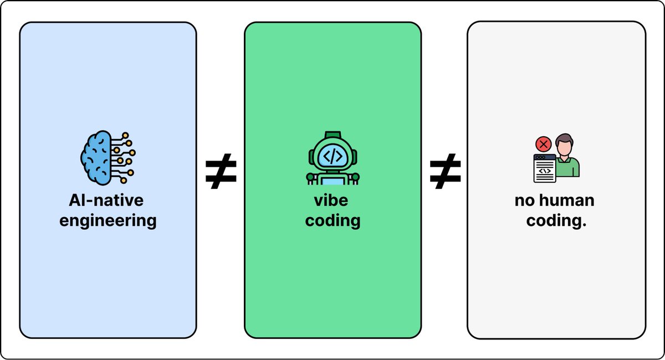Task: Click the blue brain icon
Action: (108, 158)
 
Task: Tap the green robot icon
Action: (333, 158)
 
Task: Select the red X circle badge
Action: (543, 145)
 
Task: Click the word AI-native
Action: (106, 200)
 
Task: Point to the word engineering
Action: (108, 221)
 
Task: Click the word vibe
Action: (331, 200)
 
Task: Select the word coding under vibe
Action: (333, 221)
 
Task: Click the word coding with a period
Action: (556, 221)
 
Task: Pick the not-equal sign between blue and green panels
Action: (221, 171)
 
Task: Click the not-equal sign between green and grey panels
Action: (446, 171)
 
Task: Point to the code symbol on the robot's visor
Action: (333, 156)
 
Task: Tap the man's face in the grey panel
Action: (564, 147)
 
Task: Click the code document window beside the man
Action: (545, 168)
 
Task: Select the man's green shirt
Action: (567, 168)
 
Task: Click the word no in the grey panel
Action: (525, 200)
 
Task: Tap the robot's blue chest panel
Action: (333, 181)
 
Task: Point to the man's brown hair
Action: (564, 139)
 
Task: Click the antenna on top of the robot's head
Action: (333, 135)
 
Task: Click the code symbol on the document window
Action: (545, 171)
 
